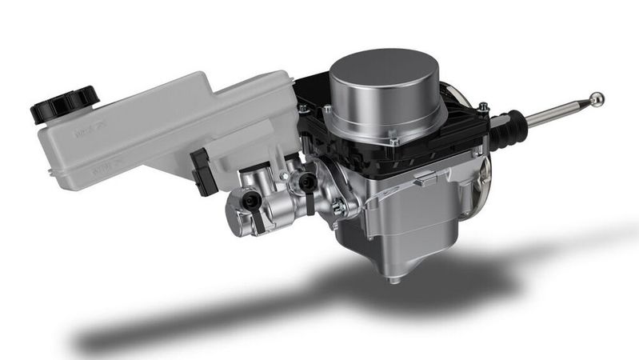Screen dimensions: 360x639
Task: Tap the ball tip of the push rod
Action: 596,100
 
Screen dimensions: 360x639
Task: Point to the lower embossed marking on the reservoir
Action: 101,167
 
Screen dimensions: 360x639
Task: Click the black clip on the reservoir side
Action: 202,170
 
